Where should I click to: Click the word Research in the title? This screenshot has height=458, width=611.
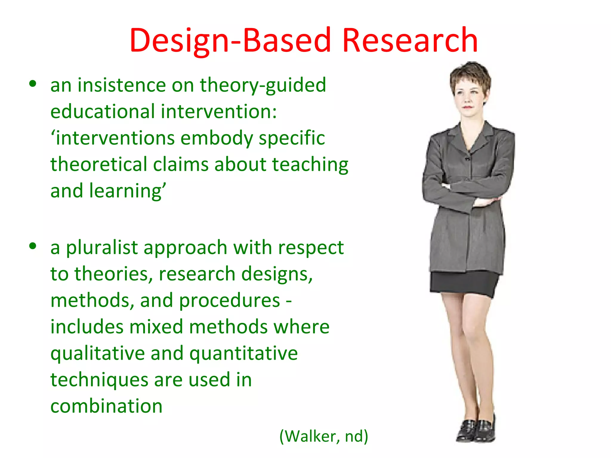[x=410, y=40]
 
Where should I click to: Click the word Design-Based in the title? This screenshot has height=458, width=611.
[x=230, y=40]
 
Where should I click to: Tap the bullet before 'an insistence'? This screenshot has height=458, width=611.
[x=33, y=84]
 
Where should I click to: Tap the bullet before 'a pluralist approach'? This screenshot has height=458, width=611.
[x=33, y=246]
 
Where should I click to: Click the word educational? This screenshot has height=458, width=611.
[x=103, y=112]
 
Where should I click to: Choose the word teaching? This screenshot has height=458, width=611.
[x=310, y=165]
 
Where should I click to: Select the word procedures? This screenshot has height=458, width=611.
[x=229, y=301]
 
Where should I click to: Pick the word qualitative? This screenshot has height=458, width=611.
[x=98, y=354]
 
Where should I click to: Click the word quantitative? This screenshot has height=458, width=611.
[x=243, y=354]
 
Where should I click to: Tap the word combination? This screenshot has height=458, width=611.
[x=107, y=406]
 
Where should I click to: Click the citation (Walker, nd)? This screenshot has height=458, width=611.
[x=324, y=436]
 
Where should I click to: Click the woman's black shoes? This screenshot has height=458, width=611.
[x=476, y=429]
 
